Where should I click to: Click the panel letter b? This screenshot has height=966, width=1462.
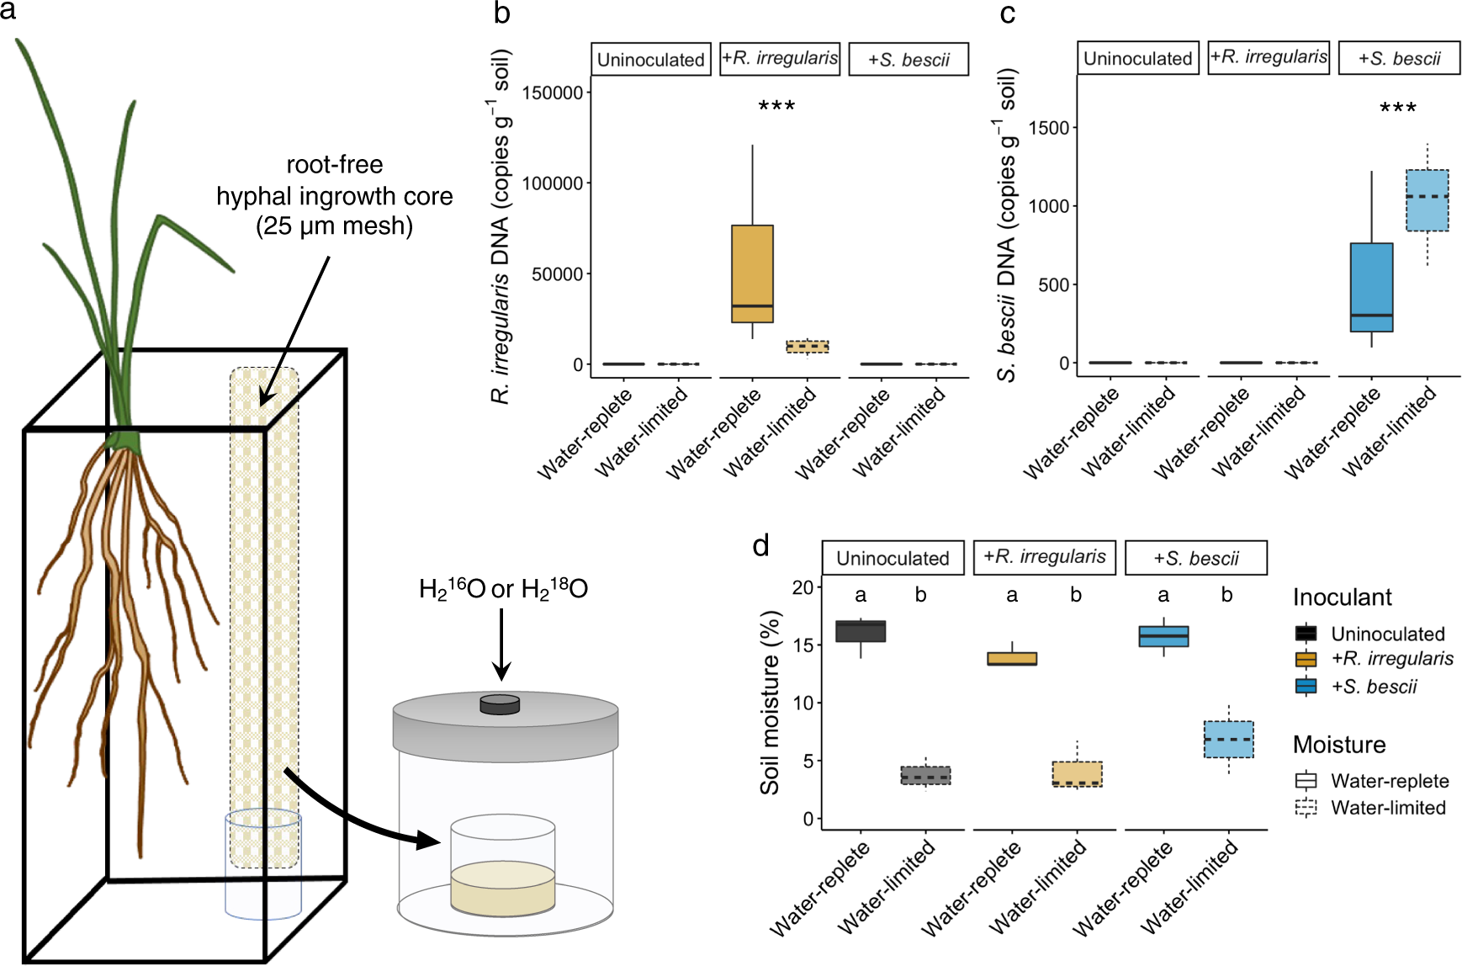[502, 13]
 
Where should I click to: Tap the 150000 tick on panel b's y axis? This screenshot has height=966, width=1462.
[553, 93]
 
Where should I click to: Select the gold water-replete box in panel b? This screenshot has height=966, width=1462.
[752, 273]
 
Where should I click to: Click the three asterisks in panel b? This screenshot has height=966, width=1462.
[776, 107]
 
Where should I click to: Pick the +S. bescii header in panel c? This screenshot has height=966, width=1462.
[1398, 59]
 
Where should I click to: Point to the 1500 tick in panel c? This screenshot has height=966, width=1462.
[1048, 128]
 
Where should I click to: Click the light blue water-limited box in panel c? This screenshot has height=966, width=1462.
[1427, 200]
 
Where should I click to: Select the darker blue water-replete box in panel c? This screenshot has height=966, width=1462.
[1371, 287]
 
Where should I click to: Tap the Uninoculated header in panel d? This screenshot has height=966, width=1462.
[893, 558]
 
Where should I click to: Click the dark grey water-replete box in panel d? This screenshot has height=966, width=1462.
[860, 631]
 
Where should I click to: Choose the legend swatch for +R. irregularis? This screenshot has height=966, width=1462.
[1306, 660]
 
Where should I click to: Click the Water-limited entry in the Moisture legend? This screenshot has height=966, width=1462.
[1388, 808]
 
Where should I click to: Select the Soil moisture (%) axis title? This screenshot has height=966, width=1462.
[770, 703]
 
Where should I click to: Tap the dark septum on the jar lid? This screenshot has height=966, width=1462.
[500, 704]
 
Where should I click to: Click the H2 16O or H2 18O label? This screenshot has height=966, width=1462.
[503, 589]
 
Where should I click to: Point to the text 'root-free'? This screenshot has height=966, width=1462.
[334, 165]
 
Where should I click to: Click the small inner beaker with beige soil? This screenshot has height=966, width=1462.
[502, 867]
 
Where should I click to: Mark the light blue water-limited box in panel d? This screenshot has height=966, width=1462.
[1228, 740]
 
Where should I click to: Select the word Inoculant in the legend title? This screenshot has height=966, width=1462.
[1342, 597]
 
